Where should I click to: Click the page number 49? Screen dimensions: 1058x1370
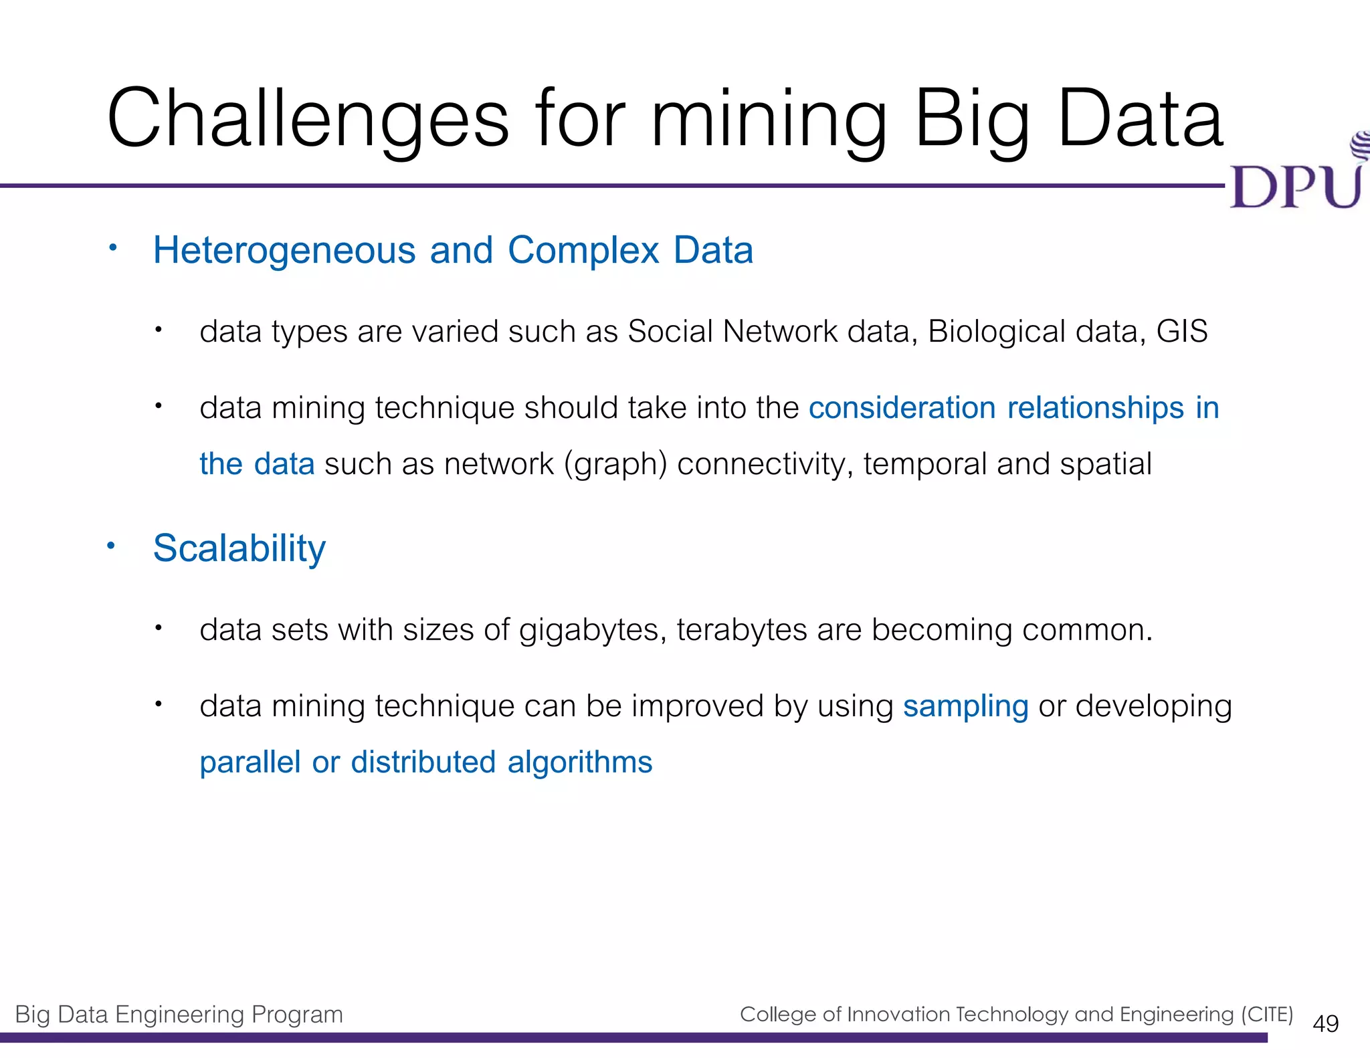pyautogui.click(x=1325, y=1024)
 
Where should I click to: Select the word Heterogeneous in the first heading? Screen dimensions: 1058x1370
pyautogui.click(x=284, y=251)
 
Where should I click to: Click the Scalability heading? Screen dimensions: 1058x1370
pyautogui.click(x=239, y=548)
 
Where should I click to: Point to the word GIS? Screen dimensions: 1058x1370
pyautogui.click(x=1182, y=332)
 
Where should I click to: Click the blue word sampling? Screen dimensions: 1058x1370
pyautogui.click(x=965, y=706)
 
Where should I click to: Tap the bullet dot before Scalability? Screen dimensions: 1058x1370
pyautogui.click(x=112, y=546)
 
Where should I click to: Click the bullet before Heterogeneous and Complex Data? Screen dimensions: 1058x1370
pyautogui.click(x=113, y=248)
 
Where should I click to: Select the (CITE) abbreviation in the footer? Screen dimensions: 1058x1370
pyautogui.click(x=1267, y=1015)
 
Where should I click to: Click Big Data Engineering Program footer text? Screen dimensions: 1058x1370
pyautogui.click(x=179, y=1015)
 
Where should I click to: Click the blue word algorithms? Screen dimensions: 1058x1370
pyautogui.click(x=579, y=762)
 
